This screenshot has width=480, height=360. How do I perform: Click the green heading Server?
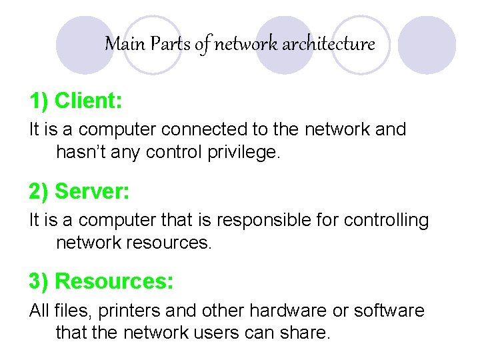(92, 191)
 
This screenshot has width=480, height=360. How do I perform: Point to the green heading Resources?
(114, 281)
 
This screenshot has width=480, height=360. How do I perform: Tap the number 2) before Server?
(39, 191)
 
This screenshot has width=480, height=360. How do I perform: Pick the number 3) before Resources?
(39, 281)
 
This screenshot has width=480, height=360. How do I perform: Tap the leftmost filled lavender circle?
(85, 45)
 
